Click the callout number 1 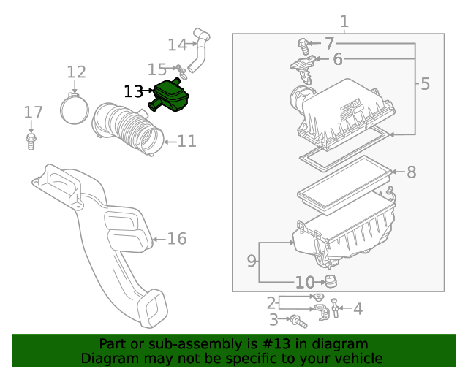point(344,22)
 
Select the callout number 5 point(425,84)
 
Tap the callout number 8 point(411,172)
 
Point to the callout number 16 point(177,238)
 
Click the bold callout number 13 point(134,91)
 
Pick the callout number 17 point(33,112)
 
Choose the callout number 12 point(77,72)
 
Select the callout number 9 point(252,260)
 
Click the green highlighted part point(170,98)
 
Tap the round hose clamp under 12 point(75,110)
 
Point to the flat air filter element point(344,180)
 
